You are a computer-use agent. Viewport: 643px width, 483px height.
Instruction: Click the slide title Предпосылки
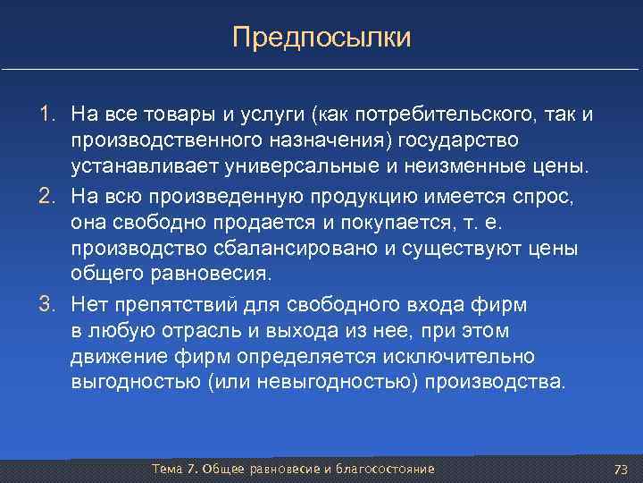(x=321, y=38)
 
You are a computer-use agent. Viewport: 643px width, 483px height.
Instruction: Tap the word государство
(x=458, y=141)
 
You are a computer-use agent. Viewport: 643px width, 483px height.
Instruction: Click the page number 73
(x=622, y=470)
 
